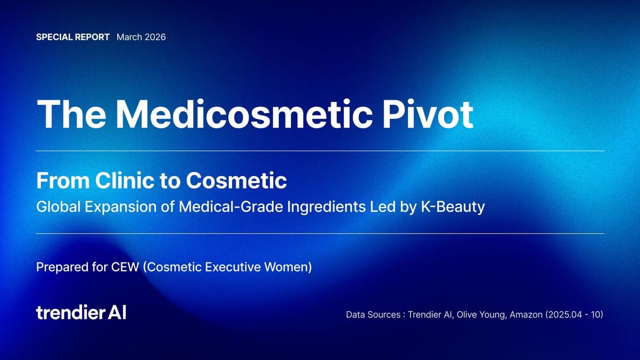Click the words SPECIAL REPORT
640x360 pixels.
coord(73,37)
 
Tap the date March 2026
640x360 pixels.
coord(141,37)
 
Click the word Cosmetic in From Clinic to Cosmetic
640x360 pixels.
coord(236,181)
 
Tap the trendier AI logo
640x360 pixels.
coord(81,313)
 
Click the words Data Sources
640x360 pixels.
coord(373,315)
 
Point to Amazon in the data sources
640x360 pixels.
coord(526,315)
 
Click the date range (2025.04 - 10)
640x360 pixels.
coord(574,315)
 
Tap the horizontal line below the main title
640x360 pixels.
coord(320,151)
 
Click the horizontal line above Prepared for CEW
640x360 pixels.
coord(320,234)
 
